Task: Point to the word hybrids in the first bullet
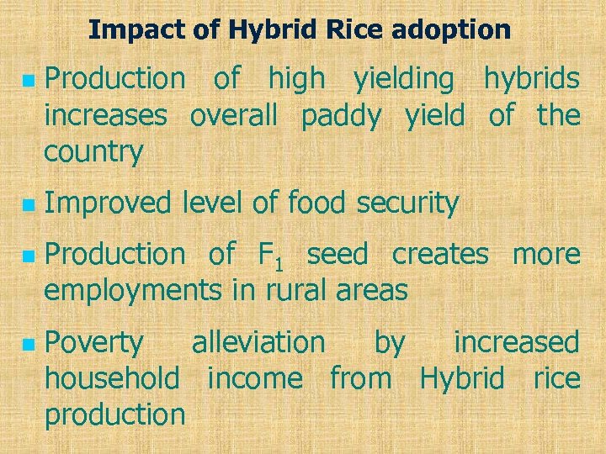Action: point(531,79)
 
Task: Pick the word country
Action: point(93,153)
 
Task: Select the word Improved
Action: point(107,203)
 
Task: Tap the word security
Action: point(407,203)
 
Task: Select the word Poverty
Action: point(94,343)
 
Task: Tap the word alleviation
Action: point(258,342)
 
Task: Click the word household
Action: point(112,378)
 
